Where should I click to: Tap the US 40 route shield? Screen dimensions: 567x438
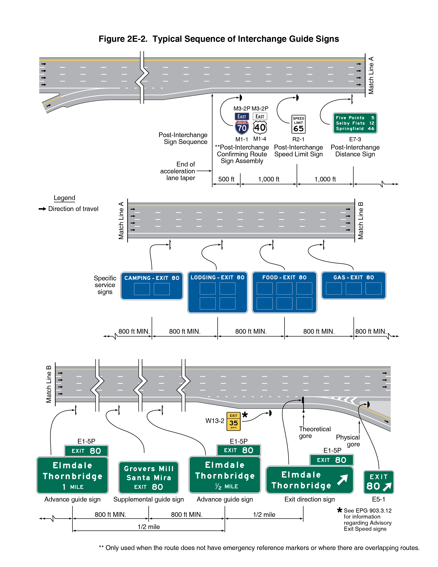coord(260,127)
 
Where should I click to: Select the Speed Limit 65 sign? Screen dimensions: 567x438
coord(298,124)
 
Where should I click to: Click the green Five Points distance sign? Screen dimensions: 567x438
coord(355,123)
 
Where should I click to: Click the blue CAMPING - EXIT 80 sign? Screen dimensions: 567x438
coord(152,286)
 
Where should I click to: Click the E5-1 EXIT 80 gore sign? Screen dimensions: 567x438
coord(379,482)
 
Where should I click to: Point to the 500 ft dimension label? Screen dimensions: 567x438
coord(226,179)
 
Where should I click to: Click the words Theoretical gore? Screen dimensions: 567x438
coord(315,432)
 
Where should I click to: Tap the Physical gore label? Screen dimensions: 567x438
coord(348,441)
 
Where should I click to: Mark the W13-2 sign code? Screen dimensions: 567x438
coord(215,421)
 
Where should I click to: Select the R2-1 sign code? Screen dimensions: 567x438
coord(298,139)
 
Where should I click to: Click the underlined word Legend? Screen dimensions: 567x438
coord(64,198)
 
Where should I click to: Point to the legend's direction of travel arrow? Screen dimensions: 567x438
coord(42,209)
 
